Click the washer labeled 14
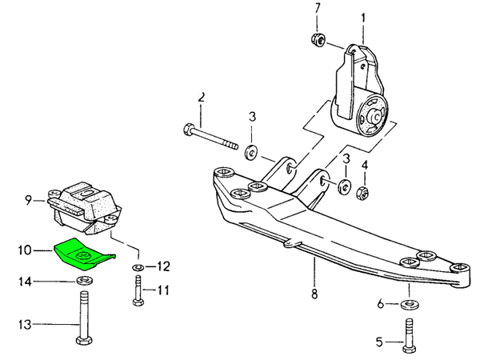point(82,282)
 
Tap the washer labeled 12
point(138,266)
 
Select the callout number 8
point(315,294)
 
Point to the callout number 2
point(202,98)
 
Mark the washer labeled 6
point(409,304)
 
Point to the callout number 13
point(24,324)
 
